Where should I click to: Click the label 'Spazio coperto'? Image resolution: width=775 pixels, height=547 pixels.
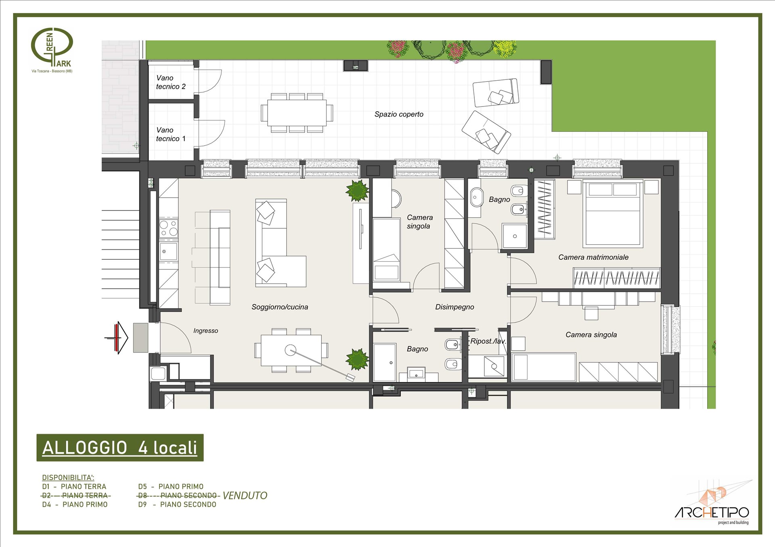tap(399, 114)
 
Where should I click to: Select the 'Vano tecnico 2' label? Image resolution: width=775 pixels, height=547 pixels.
tap(171, 82)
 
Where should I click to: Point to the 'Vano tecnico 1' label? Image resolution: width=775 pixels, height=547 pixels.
tap(171, 134)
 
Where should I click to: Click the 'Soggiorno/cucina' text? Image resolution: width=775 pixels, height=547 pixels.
tap(280, 307)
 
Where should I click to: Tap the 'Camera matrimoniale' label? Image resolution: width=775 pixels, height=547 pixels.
tap(593, 257)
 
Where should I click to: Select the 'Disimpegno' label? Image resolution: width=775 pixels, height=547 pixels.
tap(455, 307)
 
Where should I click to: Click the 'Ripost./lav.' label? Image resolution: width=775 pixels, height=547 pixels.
tap(488, 341)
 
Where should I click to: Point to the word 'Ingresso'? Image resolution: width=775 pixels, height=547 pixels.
tap(205, 331)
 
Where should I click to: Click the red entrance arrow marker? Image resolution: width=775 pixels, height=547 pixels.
tap(117, 338)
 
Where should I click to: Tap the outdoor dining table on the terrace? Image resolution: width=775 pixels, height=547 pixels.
tap(297, 113)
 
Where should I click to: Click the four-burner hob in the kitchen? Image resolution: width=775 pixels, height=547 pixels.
tap(169, 228)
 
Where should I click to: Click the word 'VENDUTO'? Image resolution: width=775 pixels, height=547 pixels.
tap(245, 495)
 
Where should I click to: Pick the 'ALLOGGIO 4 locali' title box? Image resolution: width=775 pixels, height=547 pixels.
tap(120, 448)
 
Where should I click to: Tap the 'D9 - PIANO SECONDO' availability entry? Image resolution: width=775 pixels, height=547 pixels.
tap(177, 504)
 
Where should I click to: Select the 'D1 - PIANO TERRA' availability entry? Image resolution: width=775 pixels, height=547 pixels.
tap(74, 486)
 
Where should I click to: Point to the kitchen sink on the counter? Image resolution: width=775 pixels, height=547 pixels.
tap(168, 251)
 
